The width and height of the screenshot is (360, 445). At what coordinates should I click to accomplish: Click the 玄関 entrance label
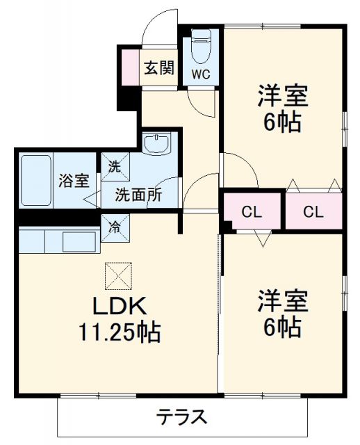point(158,68)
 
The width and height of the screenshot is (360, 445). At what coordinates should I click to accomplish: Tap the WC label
point(201,72)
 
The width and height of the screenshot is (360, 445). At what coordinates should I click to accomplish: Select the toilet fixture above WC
point(201,47)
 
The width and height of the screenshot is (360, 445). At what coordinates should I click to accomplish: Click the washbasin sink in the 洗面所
point(158,145)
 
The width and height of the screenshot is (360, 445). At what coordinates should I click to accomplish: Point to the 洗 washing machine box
point(113,166)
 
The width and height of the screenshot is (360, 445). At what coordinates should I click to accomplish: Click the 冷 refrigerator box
point(113,226)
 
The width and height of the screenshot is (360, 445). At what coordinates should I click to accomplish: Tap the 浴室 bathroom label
point(73,180)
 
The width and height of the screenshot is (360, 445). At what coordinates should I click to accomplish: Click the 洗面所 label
point(139,195)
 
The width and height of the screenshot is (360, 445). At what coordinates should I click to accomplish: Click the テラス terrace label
point(181,417)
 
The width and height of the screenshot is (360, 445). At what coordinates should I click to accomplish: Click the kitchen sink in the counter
point(80,243)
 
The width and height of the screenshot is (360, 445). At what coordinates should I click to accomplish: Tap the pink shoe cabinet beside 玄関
point(131,67)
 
